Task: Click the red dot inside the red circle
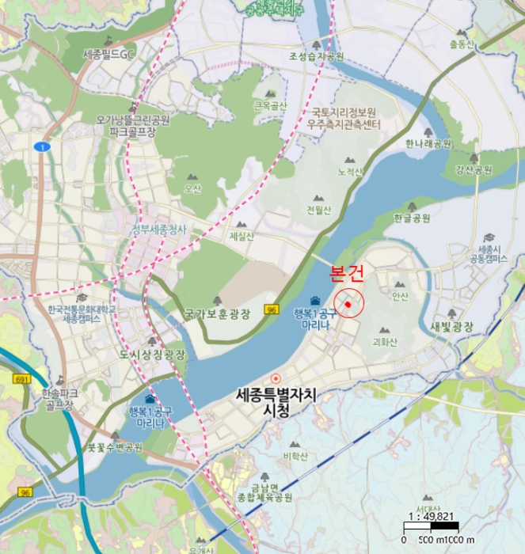pos(348,304)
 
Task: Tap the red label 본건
pos(346,275)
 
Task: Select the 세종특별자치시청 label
pos(275,402)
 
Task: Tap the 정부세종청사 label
pos(159,230)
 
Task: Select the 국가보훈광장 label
pos(217,314)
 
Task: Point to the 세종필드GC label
pos(110,55)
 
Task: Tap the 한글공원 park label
pos(411,218)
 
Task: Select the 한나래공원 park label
pos(428,144)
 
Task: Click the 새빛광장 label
pos(451,327)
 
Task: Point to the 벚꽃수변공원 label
pos(115,447)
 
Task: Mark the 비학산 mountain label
pos(295,456)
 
